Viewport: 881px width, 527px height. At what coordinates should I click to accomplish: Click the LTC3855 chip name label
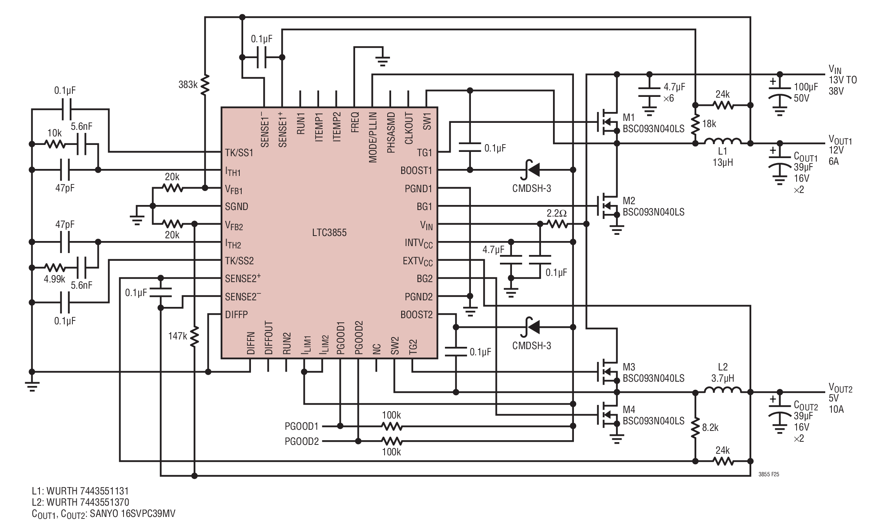point(329,232)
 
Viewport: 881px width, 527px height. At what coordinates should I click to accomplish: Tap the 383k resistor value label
point(188,84)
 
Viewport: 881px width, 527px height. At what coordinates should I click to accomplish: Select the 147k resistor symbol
point(194,336)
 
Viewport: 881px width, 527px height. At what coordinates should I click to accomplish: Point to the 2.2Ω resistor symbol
point(557,224)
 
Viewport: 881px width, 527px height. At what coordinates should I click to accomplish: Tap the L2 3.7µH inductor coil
point(723,390)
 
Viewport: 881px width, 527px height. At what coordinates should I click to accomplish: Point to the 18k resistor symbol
point(696,124)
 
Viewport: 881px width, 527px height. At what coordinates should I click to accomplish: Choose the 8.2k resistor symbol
point(696,427)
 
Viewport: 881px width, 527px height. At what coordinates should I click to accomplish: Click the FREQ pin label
point(355,122)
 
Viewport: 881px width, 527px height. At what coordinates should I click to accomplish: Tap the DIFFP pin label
point(236,315)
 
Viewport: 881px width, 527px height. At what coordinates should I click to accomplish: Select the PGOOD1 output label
point(302,426)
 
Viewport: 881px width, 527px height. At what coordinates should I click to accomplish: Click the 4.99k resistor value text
point(54,279)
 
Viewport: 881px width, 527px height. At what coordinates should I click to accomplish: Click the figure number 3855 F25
point(769,474)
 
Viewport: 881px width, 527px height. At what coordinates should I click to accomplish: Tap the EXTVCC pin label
point(417,262)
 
